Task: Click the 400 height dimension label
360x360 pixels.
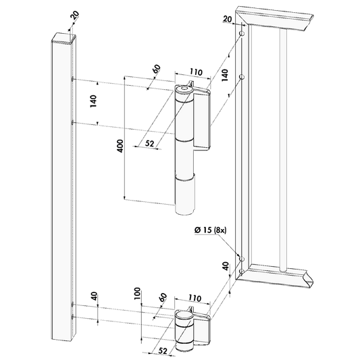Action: (120, 146)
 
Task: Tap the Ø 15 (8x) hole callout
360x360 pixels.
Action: (210, 230)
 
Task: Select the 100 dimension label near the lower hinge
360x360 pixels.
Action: (137, 293)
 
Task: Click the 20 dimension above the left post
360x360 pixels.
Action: (74, 16)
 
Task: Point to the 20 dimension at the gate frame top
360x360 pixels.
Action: (228, 19)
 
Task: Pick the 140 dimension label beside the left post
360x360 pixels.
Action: (93, 101)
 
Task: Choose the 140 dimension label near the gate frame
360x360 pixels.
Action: (225, 74)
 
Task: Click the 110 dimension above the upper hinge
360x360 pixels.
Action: (196, 72)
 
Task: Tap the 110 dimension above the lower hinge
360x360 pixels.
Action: (195, 298)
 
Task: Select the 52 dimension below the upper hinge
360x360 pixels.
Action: (149, 143)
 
